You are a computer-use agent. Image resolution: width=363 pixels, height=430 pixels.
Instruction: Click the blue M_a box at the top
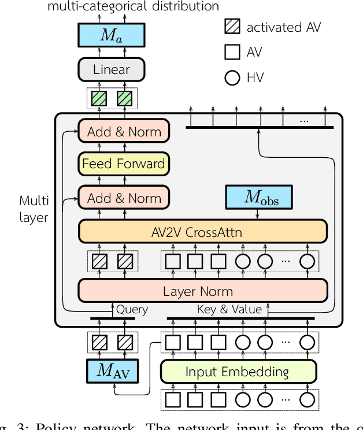(x=111, y=35)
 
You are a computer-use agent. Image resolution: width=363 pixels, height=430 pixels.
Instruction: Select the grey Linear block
(x=111, y=70)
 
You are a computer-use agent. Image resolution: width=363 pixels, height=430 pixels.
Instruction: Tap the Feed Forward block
(x=123, y=164)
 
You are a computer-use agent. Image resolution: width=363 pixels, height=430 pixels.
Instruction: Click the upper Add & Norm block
(x=124, y=132)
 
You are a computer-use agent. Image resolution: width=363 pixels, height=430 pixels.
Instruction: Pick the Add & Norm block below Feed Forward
(x=124, y=198)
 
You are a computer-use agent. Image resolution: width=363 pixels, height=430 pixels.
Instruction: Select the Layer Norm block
(x=202, y=291)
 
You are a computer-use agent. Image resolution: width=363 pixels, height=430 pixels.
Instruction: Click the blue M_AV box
(x=112, y=370)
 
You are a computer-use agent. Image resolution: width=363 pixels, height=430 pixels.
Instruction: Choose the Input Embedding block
(x=238, y=372)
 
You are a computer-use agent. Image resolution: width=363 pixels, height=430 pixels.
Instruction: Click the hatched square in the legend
(x=232, y=27)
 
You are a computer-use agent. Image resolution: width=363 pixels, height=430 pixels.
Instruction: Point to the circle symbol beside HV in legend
(x=232, y=77)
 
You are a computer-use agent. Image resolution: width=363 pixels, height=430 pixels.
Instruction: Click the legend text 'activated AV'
(x=283, y=27)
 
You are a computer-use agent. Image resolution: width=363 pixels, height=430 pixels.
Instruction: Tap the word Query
(x=132, y=310)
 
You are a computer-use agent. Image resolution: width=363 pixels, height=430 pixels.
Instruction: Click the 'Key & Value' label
(x=229, y=310)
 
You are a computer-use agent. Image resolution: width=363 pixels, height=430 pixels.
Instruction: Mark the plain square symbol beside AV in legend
(x=232, y=52)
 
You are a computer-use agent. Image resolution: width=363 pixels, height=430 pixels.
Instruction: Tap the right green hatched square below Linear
(x=124, y=99)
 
